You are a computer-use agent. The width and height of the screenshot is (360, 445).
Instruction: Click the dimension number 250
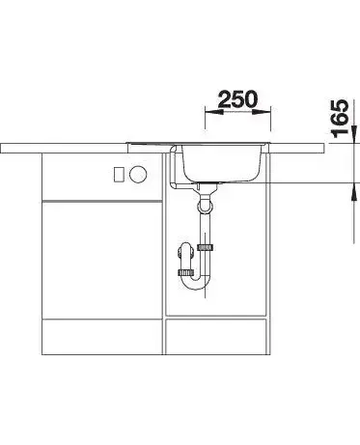(238, 99)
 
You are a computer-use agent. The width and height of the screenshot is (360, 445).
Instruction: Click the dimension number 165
(340, 119)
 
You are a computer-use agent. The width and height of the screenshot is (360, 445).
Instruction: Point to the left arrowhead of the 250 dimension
(214, 112)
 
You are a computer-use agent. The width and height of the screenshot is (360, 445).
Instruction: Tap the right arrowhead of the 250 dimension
(262, 112)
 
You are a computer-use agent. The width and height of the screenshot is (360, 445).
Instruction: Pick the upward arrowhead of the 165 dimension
(354, 192)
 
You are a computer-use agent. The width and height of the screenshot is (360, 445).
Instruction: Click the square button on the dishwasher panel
(119, 175)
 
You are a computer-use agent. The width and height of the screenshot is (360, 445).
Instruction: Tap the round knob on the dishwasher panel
(138, 174)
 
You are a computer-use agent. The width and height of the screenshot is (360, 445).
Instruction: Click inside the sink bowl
(222, 162)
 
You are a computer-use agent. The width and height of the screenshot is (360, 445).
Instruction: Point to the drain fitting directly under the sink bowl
(205, 187)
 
